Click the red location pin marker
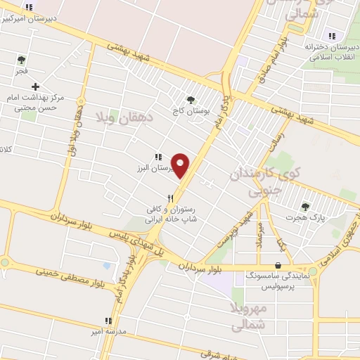pyautogui.click(x=181, y=164)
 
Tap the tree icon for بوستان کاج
pyautogui.click(x=191, y=100)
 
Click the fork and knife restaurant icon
pyautogui.click(x=170, y=199)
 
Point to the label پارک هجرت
pyautogui.click(x=306, y=219)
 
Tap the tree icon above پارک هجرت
pyautogui.click(x=305, y=207)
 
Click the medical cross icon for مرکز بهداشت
pyautogui.click(x=35, y=86)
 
